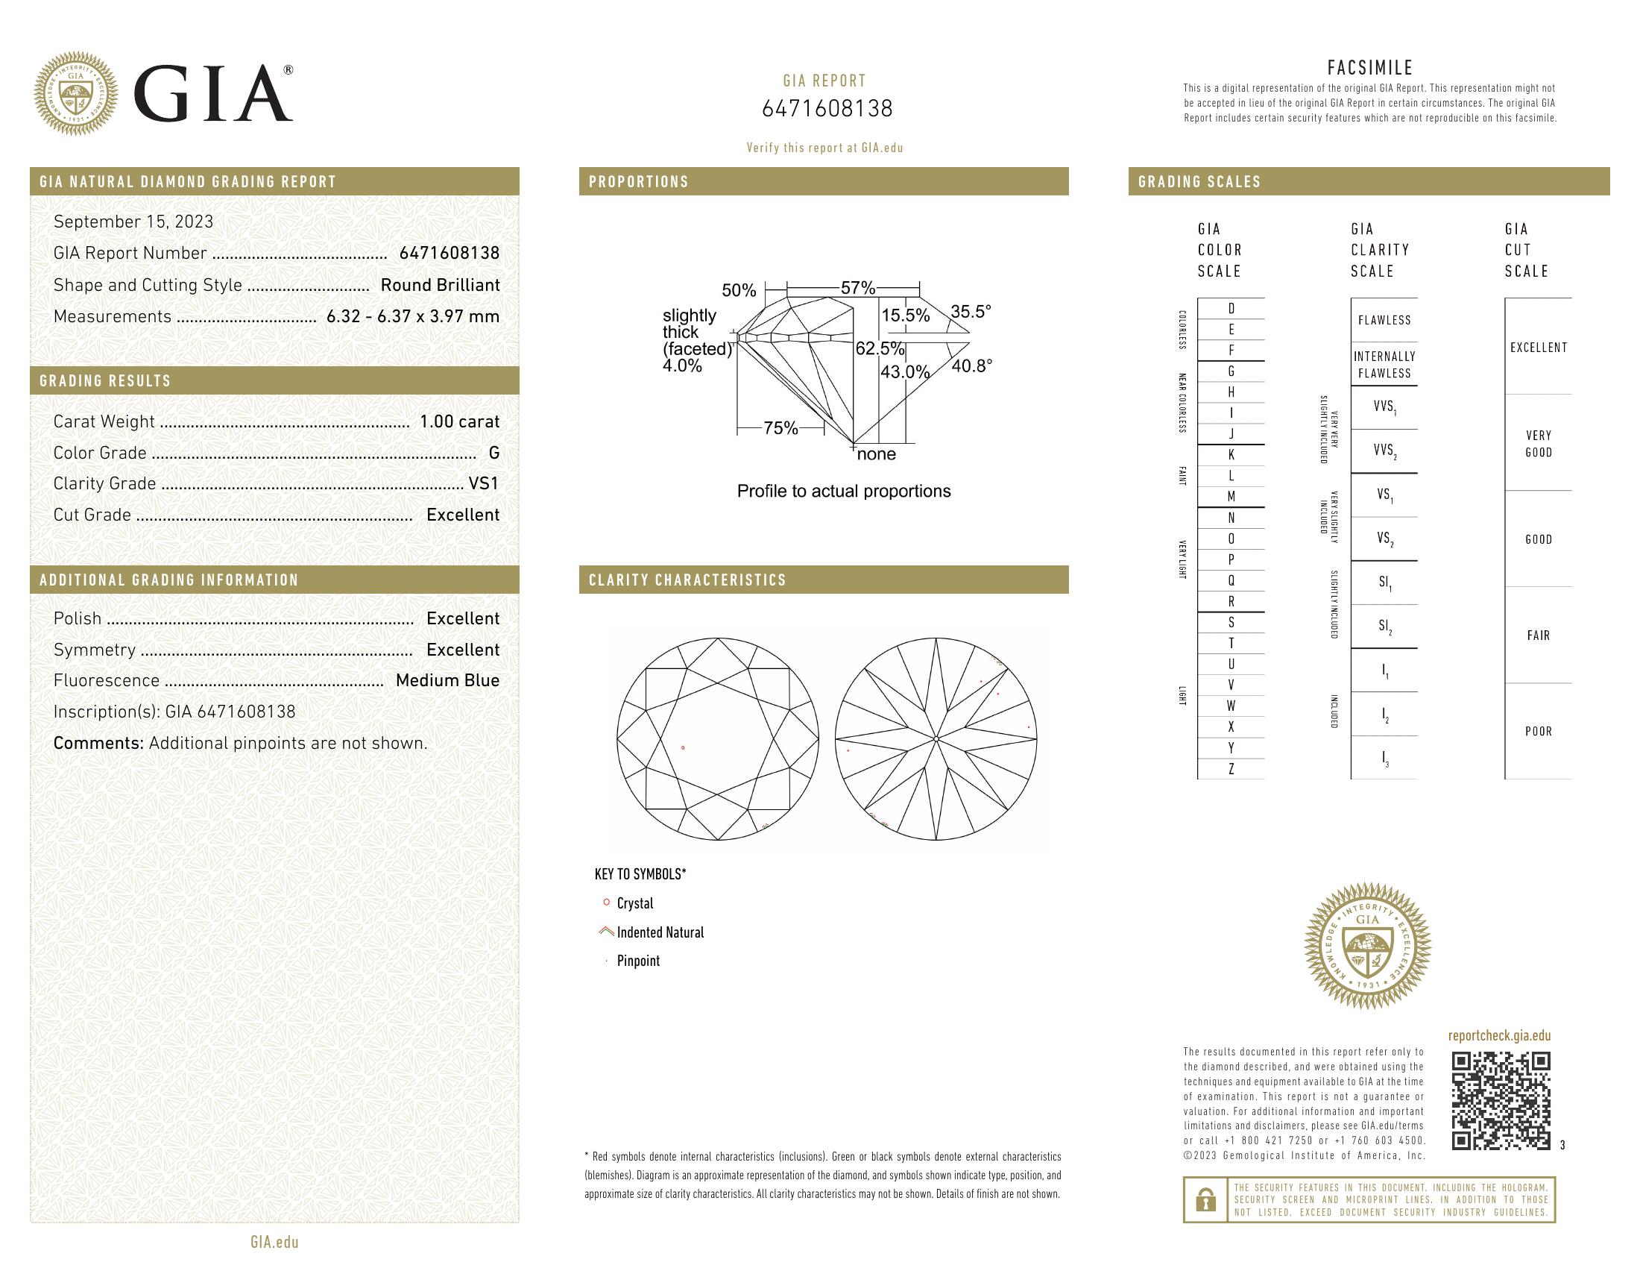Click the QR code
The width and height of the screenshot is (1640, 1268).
coord(1501,1100)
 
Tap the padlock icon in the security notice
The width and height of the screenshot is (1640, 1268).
coord(1205,1199)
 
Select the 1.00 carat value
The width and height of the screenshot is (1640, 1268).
coord(458,421)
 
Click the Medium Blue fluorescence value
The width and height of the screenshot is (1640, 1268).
coord(447,680)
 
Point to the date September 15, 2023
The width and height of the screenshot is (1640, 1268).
coord(133,222)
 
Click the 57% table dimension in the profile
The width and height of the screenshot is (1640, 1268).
coord(857,288)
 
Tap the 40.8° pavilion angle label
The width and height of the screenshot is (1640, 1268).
coord(971,365)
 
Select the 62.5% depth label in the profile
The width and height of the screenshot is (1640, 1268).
coord(880,349)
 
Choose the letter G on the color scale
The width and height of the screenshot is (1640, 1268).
coord(1231,371)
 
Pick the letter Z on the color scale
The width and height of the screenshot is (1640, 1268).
coord(1231,769)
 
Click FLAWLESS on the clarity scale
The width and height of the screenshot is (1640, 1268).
coord(1384,320)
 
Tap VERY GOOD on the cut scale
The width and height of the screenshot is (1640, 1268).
coord(1538,443)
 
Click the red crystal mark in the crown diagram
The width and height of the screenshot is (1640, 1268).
coord(683,747)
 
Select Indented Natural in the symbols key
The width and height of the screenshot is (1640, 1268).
coord(659,932)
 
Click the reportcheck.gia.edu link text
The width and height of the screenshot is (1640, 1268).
coord(1499,1036)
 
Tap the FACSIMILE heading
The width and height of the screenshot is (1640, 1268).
coord(1369,68)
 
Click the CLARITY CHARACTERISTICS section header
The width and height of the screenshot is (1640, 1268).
coord(687,580)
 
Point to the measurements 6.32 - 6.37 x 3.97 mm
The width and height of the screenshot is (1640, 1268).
coord(412,316)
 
